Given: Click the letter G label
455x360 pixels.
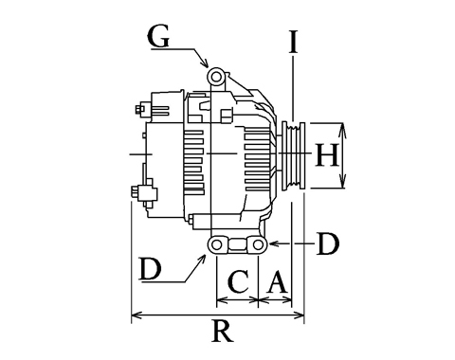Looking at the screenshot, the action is tap(158, 36).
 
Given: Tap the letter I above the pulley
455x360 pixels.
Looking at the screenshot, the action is tap(294, 42).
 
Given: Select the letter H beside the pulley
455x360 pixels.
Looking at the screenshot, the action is tap(327, 154).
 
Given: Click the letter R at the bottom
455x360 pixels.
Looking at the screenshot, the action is tap(223, 331).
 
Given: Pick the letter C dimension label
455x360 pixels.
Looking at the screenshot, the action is tap(238, 281).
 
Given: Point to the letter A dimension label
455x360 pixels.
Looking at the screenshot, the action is tap(277, 281).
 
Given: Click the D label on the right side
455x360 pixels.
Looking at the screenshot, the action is tap(328, 243).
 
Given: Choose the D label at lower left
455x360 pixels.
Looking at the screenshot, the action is tap(151, 269).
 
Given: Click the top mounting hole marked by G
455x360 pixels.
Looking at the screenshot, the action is tap(215, 77).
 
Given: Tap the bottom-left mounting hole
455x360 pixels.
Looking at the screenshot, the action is tap(216, 244).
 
